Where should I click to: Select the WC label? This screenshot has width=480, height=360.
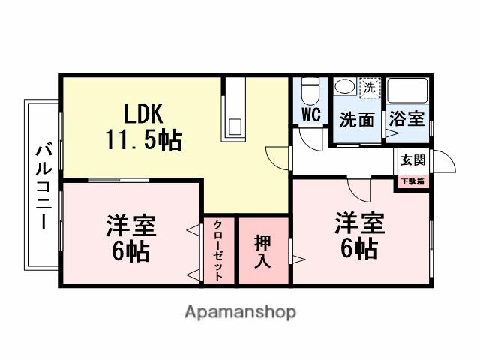point(311,115)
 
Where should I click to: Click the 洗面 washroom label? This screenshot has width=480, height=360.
point(355,118)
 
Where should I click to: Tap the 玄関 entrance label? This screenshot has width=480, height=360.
point(412,160)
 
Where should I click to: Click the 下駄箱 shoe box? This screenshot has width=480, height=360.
point(412,181)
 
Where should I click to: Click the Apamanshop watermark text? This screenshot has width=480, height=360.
point(241,310)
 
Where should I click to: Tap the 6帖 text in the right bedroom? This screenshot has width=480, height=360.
point(359,248)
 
